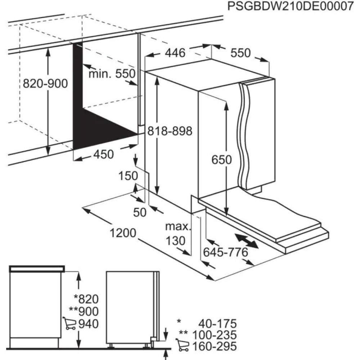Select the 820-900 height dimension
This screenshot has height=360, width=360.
point(45,84)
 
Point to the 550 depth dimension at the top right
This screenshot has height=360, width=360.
point(240,53)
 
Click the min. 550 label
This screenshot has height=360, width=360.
point(112,74)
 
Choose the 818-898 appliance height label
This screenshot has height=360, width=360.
point(169,131)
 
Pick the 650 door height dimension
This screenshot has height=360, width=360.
point(221,159)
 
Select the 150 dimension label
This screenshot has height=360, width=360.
point(129,176)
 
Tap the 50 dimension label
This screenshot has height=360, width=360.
point(140,212)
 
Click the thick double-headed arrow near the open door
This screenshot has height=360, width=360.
point(246,241)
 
